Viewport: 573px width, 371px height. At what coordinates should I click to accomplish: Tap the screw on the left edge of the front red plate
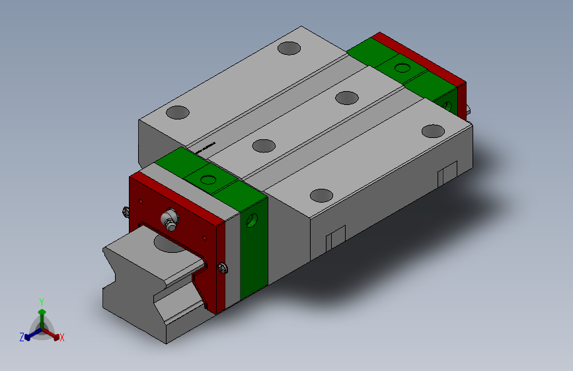pos(126,212)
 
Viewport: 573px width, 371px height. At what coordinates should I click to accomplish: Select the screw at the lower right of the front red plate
pos(222,267)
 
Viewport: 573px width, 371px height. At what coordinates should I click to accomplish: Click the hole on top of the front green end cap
pos(208,179)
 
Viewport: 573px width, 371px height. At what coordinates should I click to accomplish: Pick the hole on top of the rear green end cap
pos(402,67)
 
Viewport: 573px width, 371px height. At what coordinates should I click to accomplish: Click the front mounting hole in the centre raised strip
pos(264,145)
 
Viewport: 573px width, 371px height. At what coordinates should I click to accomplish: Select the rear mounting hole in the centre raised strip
pos(346,98)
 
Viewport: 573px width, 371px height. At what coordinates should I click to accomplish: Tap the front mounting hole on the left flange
pos(177,112)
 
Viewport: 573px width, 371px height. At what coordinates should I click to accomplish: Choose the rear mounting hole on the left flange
pos(289,48)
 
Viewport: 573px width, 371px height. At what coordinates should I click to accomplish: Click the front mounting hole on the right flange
pos(321,195)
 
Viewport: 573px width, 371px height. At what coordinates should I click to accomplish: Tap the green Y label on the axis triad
pos(42,300)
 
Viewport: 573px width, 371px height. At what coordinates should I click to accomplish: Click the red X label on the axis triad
pos(62,338)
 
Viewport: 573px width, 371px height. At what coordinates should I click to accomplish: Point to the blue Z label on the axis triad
pos(22,337)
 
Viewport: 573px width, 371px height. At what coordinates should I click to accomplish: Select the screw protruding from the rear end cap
pos(469,110)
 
